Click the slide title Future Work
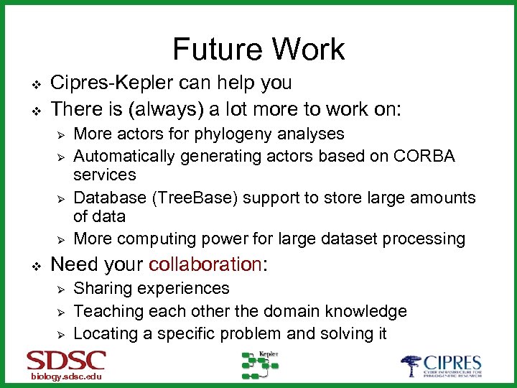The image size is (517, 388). [258, 49]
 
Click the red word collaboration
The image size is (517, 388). [205, 264]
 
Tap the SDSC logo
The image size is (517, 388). [66, 360]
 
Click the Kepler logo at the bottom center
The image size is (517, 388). [259, 364]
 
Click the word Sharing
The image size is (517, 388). [103, 288]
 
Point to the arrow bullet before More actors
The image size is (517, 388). [61, 134]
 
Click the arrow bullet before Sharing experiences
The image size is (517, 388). [61, 289]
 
